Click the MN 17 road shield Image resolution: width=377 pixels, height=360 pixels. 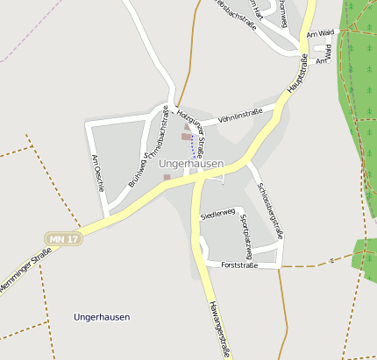(64, 238)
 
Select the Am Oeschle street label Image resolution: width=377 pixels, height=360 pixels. (98, 166)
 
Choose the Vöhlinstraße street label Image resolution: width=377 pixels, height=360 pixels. (240, 113)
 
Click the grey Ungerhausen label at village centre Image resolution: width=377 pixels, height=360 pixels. (191, 163)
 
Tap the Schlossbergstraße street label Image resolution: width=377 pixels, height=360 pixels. (269, 210)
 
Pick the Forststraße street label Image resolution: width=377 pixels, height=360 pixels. (239, 265)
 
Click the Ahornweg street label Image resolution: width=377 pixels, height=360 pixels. (281, 14)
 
